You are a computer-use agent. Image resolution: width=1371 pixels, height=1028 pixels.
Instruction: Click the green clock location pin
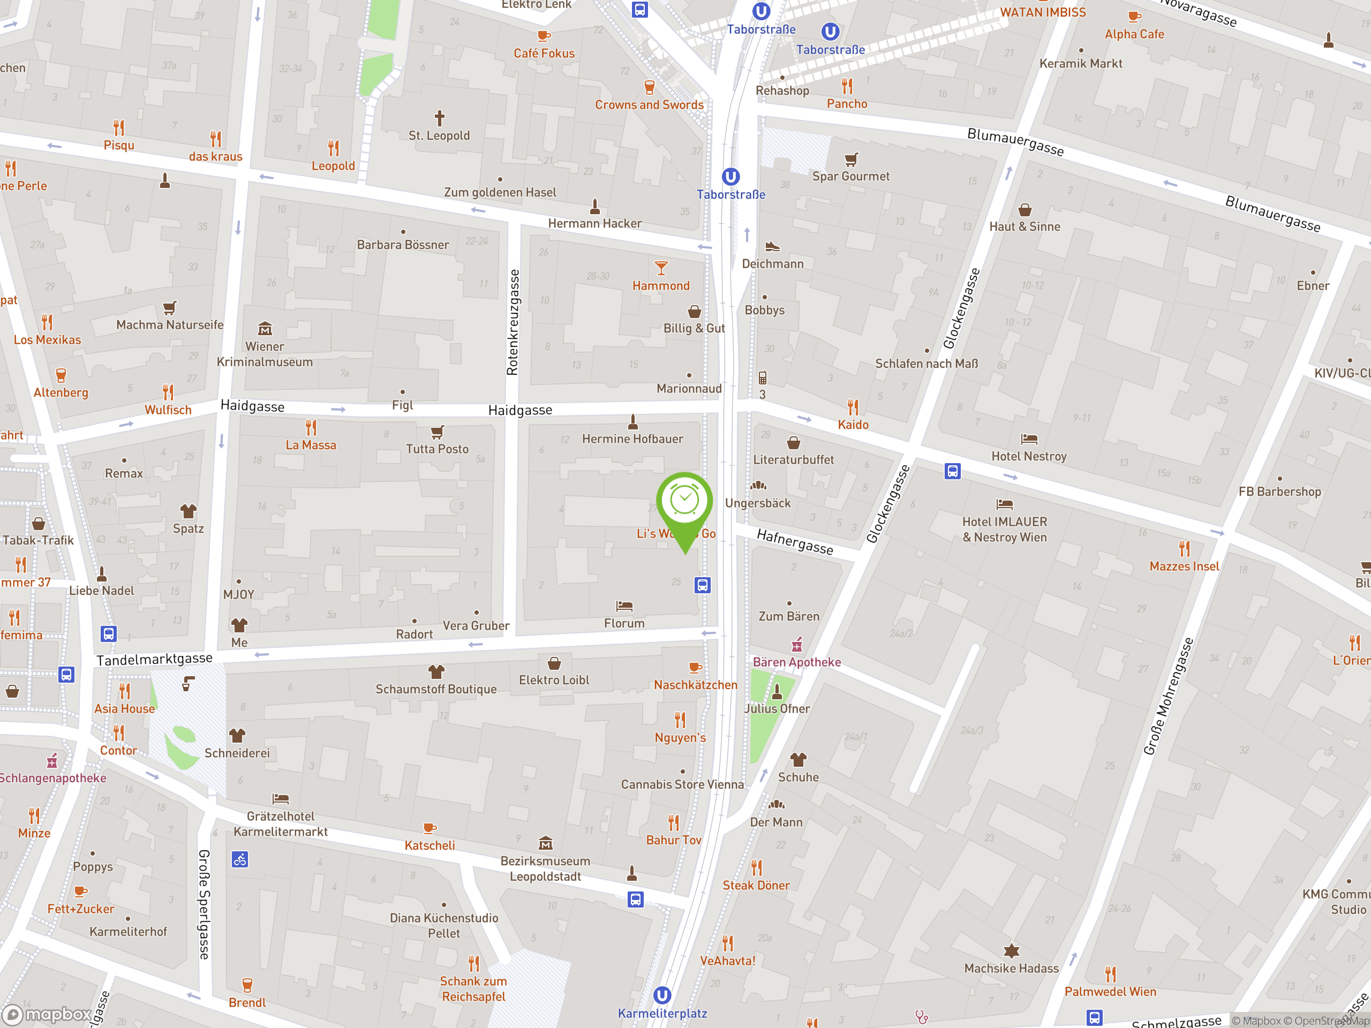click(684, 502)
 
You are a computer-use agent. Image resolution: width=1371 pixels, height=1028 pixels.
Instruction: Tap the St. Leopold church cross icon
click(440, 118)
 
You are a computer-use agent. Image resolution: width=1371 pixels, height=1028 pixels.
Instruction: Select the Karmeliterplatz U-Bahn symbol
click(662, 995)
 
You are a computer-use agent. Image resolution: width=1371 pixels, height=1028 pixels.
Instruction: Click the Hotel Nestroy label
click(1029, 456)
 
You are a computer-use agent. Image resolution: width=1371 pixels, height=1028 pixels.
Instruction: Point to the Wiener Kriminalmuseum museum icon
click(265, 328)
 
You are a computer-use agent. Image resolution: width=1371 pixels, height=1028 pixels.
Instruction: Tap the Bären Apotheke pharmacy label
click(796, 662)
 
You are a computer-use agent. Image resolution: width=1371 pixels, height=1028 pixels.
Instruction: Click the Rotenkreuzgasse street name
click(512, 322)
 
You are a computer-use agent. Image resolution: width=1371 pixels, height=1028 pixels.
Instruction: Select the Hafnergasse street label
click(795, 542)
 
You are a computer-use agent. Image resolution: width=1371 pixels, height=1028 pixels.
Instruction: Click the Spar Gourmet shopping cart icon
click(851, 159)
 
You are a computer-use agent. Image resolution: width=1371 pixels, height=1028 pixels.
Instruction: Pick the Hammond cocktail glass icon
click(661, 268)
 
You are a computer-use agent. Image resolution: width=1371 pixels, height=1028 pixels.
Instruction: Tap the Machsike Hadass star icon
click(1011, 950)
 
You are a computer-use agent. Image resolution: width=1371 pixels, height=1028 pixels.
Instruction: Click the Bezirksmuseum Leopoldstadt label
click(545, 868)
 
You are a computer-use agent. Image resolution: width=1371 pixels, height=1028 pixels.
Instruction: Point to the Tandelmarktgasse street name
click(154, 659)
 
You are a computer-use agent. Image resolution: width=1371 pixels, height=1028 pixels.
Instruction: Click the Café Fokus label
click(544, 54)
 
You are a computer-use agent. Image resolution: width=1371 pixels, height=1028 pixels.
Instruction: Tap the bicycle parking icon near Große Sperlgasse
click(240, 859)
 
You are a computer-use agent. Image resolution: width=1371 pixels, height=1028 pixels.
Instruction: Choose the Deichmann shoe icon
click(772, 247)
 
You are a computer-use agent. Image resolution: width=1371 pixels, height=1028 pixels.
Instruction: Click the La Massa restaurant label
click(311, 445)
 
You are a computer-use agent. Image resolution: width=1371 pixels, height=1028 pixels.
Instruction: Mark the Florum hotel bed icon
click(623, 606)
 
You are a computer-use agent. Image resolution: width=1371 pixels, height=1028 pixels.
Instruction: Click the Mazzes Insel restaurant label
click(1184, 566)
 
